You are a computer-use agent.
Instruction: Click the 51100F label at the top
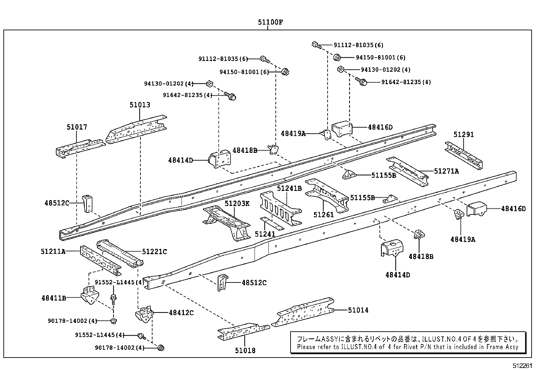click(x=270, y=23)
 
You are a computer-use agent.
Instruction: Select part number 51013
click(x=140, y=105)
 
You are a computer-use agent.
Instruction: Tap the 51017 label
click(x=77, y=127)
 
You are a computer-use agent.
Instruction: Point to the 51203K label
click(x=237, y=203)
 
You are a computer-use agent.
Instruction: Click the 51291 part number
click(x=464, y=134)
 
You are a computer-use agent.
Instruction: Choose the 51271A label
click(x=446, y=171)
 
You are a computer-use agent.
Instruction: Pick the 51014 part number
click(x=358, y=310)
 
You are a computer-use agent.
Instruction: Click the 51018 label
click(x=245, y=350)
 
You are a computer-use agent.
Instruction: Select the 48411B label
click(x=54, y=298)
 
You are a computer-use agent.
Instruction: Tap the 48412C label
click(x=181, y=313)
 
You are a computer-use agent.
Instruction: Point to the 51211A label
click(x=53, y=251)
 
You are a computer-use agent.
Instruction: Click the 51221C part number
click(x=154, y=251)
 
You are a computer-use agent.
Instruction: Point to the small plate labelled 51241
click(x=272, y=223)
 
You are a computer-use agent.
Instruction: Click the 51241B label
click(x=289, y=188)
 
